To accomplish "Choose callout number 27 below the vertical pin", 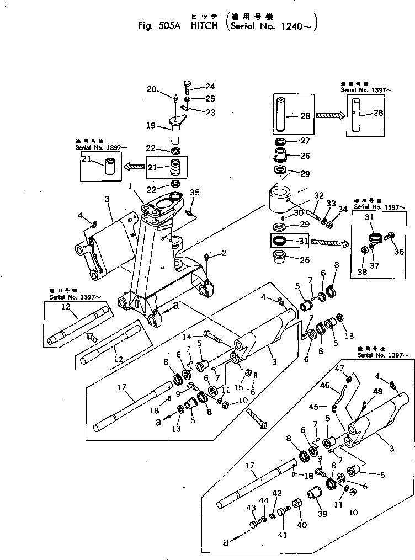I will (304, 141).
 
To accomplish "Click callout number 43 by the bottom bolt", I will (251, 508).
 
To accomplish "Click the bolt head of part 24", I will (186, 83).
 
